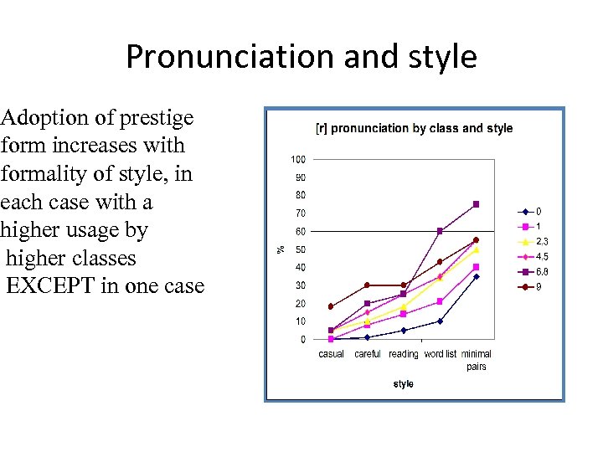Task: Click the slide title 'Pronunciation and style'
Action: pyautogui.click(x=301, y=57)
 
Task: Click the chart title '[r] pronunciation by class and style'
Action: pyautogui.click(x=414, y=128)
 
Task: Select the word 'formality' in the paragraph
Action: pyautogui.click(x=40, y=173)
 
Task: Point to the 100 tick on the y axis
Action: pyautogui.click(x=297, y=159)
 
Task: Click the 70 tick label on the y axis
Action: pyautogui.click(x=299, y=213)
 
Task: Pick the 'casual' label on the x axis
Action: pyautogui.click(x=332, y=354)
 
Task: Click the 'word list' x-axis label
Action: pyautogui.click(x=440, y=354)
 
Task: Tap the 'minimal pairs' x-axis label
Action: pyautogui.click(x=477, y=360)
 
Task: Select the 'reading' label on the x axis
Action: pyautogui.click(x=403, y=354)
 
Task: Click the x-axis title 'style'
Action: pyautogui.click(x=403, y=384)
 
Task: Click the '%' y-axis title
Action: pyautogui.click(x=281, y=249)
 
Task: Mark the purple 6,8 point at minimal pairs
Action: pyautogui.click(x=476, y=204)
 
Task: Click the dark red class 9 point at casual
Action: pyautogui.click(x=331, y=306)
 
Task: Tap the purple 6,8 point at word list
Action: pyautogui.click(x=440, y=231)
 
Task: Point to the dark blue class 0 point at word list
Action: pyautogui.click(x=440, y=321)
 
